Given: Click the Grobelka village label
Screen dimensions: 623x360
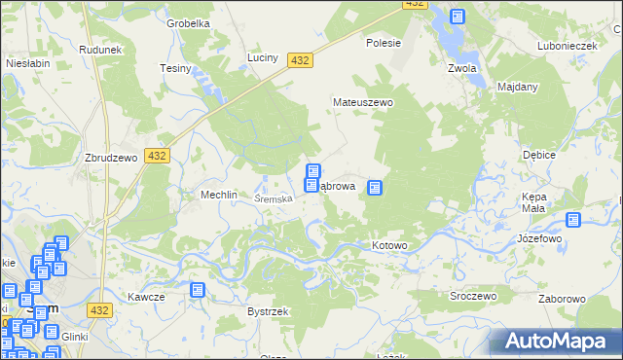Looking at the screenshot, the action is click(188, 23).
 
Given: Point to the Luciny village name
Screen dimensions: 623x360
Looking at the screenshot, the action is click(263, 57).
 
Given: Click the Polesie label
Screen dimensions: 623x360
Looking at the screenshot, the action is click(384, 43).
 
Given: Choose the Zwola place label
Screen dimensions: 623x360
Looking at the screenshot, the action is click(460, 68).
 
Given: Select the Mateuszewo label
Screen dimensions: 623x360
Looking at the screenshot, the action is click(362, 101).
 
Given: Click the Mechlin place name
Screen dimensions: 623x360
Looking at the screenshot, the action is click(219, 195).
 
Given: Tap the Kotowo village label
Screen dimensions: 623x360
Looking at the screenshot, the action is click(389, 245).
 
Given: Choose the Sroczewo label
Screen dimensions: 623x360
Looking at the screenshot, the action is click(473, 295).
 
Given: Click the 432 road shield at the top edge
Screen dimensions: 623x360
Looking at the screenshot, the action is click(415, 5).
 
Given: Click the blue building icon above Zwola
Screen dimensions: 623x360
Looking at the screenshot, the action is click(458, 17).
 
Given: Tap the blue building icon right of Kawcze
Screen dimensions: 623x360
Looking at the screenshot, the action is click(198, 290).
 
